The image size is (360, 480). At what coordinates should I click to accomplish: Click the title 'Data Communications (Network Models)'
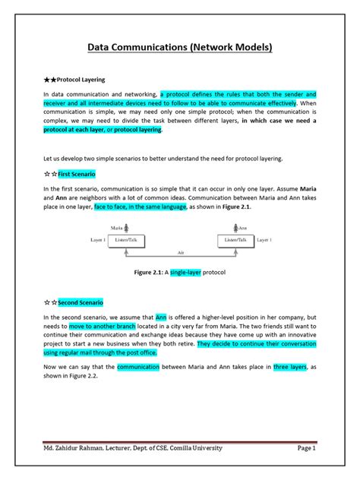[x=180, y=48]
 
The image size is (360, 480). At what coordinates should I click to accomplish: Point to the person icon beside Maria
[x=127, y=227]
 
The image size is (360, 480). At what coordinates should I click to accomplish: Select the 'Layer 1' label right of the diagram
[x=264, y=240]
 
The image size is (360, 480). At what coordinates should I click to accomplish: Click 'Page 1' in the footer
[x=306, y=448]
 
